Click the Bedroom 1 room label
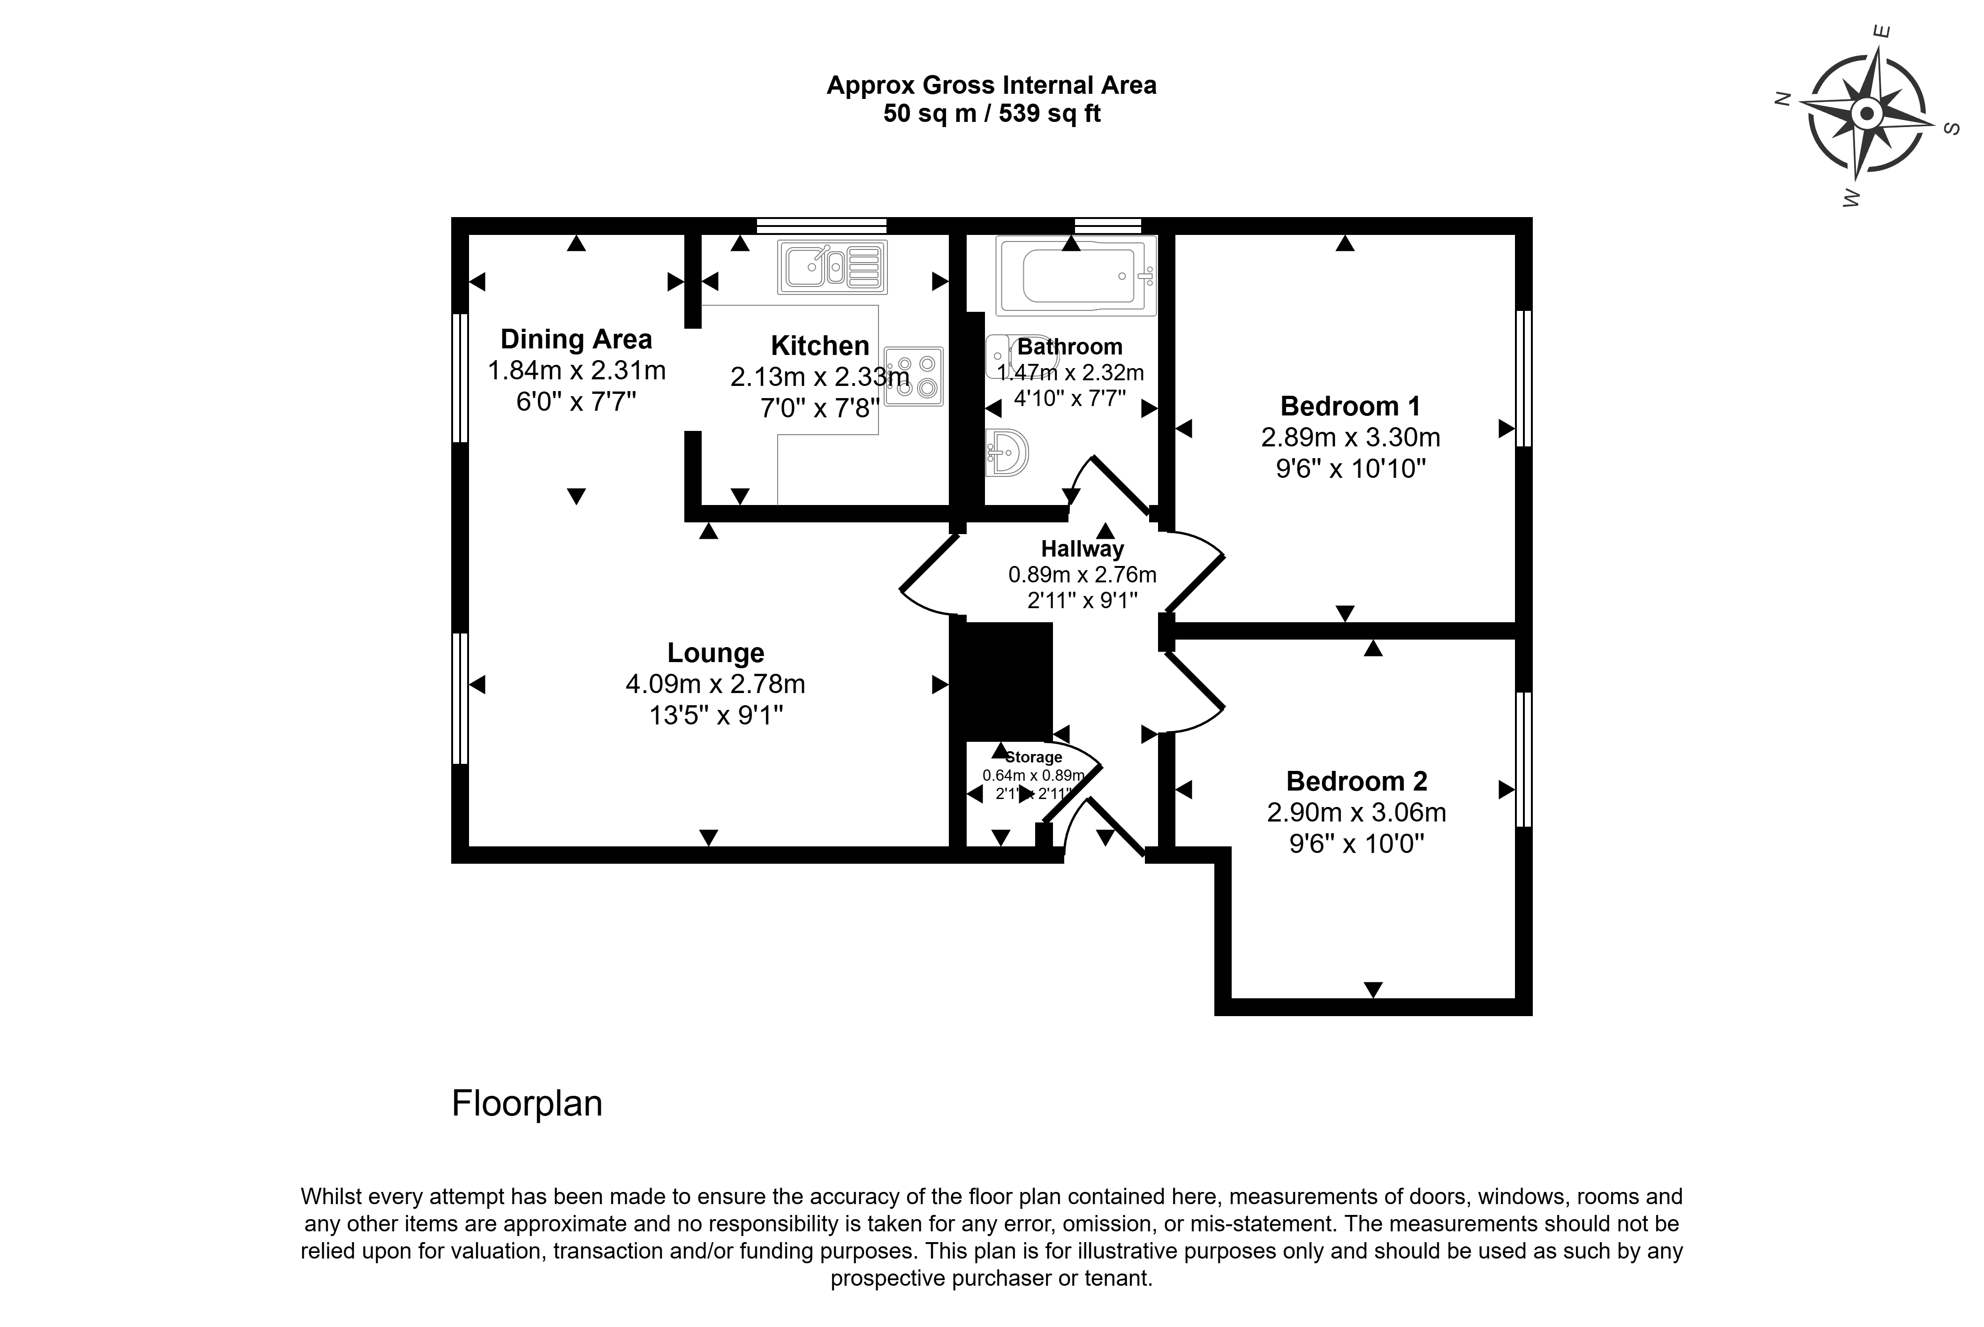[1350, 406]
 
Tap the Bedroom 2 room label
[1356, 780]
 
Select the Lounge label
[715, 653]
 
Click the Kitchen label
[819, 345]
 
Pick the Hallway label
[1082, 549]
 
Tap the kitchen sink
[832, 267]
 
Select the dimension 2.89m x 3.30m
[1350, 437]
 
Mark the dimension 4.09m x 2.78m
[715, 684]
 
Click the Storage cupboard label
[1033, 757]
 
